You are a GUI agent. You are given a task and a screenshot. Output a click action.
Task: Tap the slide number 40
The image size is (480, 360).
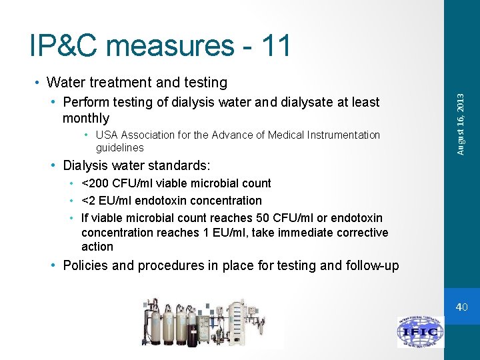[x=462, y=307]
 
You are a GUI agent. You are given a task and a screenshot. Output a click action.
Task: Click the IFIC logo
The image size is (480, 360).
[x=420, y=331]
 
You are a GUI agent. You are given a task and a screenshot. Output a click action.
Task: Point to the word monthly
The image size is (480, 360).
[x=85, y=118]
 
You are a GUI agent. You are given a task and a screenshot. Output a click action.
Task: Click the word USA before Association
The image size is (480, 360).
[x=107, y=135]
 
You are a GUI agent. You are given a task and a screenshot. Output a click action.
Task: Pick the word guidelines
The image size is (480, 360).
[x=119, y=147]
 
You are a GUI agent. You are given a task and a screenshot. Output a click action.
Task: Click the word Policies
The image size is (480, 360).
[x=84, y=266]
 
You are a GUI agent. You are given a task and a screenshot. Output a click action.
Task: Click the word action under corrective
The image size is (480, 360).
[x=97, y=247]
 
